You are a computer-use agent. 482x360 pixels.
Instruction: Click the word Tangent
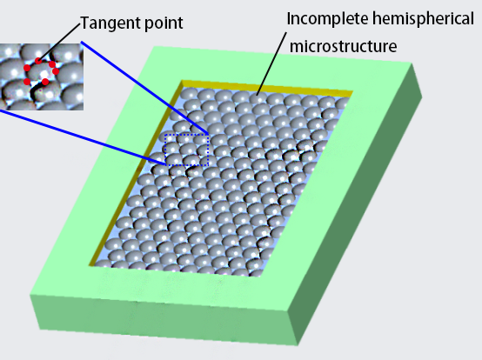110,23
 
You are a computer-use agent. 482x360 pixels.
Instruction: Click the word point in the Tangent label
164,23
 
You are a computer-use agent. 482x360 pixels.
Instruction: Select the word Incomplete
328,19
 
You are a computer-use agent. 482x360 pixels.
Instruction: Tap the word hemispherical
424,18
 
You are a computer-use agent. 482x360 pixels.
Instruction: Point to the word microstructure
344,46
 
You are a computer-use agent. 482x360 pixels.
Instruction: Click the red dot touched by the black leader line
38,61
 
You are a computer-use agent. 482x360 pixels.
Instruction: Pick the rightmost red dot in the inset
56,71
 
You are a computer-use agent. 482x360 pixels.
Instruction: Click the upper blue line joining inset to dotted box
144,88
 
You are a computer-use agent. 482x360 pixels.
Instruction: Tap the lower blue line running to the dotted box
83,137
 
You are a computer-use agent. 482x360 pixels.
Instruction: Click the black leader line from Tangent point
59,43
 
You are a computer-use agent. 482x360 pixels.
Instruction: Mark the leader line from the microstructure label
271,63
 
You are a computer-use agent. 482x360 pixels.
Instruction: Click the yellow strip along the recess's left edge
135,172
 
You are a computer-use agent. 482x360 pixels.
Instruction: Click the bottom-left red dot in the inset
27,82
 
